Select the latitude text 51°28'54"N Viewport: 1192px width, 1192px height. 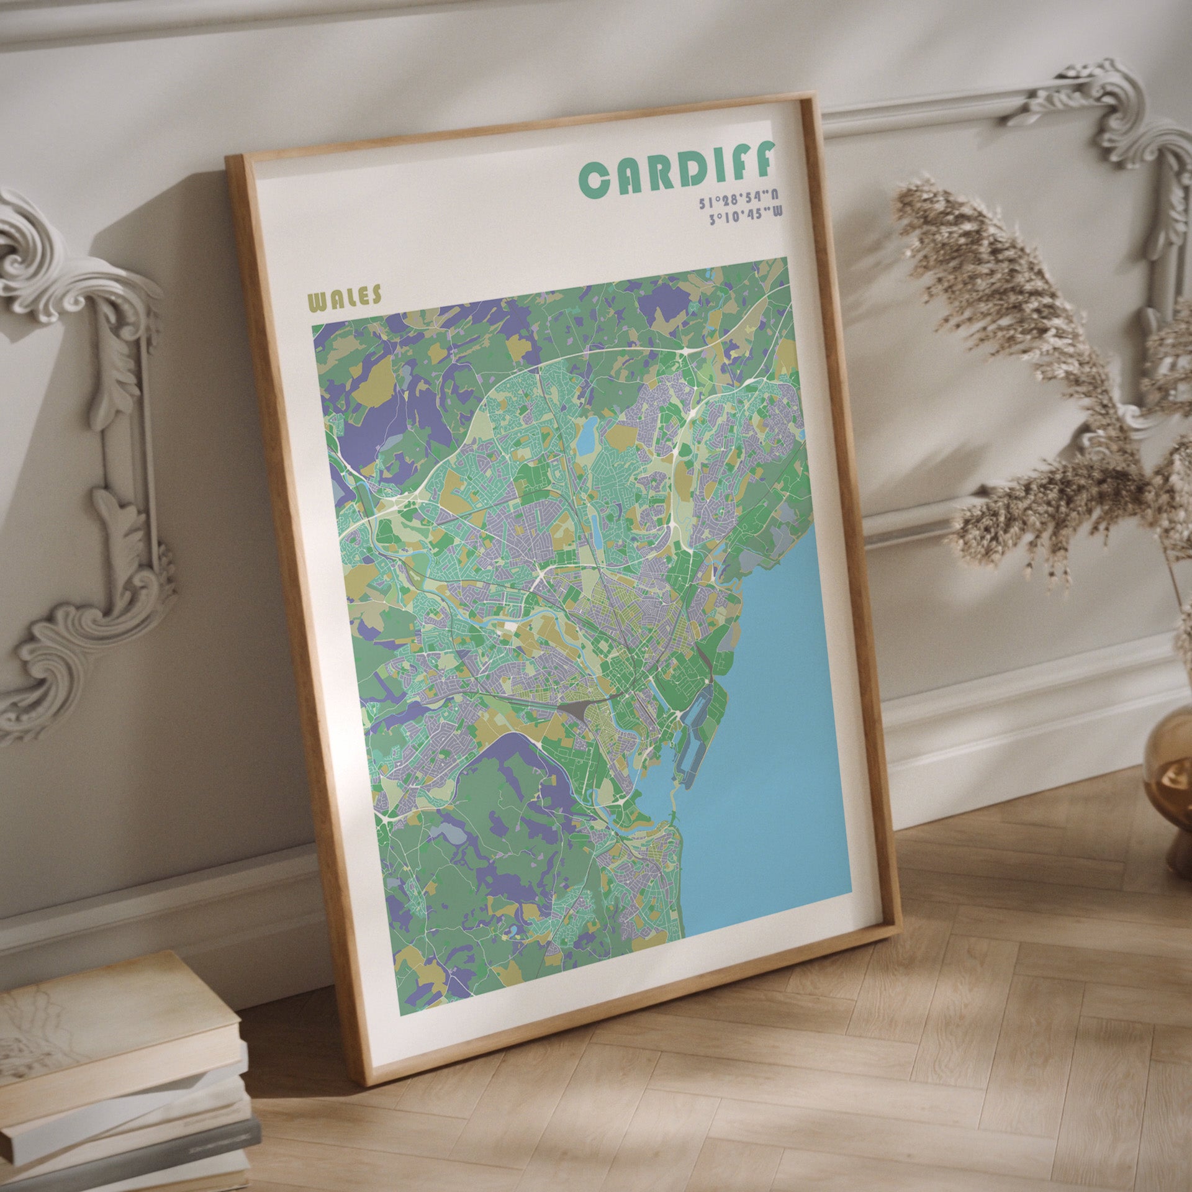click(738, 197)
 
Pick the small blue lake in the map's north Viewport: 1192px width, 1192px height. click(587, 435)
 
